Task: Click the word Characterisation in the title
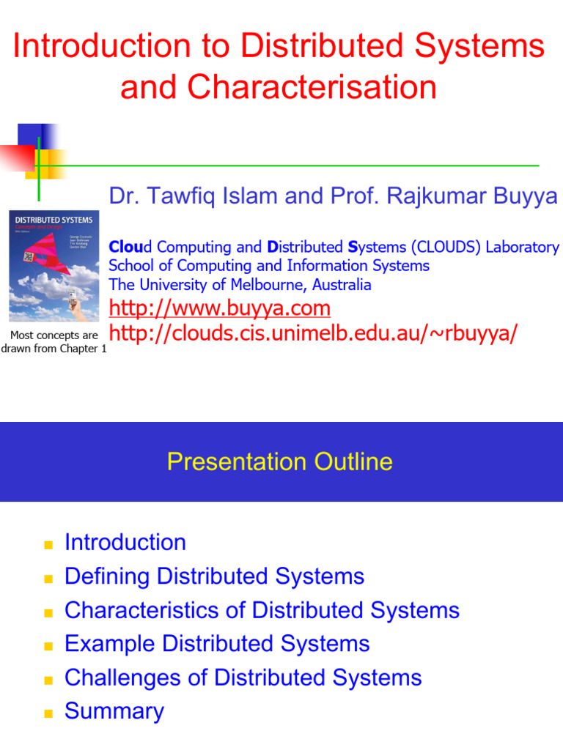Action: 313,88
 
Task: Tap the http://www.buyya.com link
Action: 219,308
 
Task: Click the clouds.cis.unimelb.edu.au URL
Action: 313,333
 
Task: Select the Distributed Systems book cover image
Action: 54,267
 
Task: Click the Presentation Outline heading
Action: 279,461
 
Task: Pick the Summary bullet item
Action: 114,711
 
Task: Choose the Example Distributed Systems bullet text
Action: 217,644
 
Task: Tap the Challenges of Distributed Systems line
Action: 243,677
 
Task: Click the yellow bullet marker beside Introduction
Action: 49,545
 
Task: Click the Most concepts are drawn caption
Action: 54,342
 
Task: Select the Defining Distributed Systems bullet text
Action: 214,576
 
